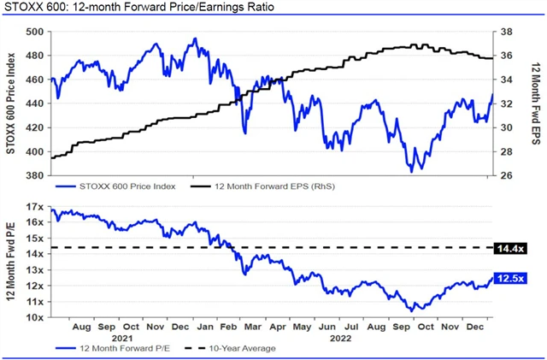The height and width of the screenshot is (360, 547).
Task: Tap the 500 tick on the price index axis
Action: click(x=36, y=31)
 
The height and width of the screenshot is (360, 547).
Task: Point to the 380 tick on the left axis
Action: click(x=36, y=176)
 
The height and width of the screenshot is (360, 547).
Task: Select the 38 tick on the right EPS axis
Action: click(x=505, y=31)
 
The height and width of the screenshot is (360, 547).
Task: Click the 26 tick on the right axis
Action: click(x=505, y=176)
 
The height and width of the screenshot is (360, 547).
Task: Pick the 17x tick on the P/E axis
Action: click(x=34, y=208)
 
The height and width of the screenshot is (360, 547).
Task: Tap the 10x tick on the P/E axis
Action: click(x=34, y=318)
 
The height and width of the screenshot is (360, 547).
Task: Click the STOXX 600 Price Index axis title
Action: click(x=10, y=103)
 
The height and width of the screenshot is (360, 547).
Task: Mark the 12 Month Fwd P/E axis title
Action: click(x=10, y=263)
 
